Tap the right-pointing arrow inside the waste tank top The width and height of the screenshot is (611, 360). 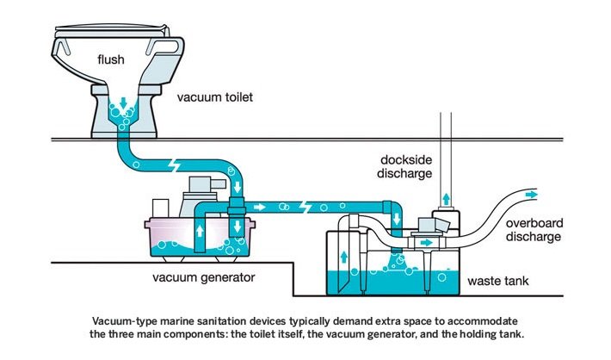(423, 244)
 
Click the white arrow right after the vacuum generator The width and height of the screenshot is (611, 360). (260, 208)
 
